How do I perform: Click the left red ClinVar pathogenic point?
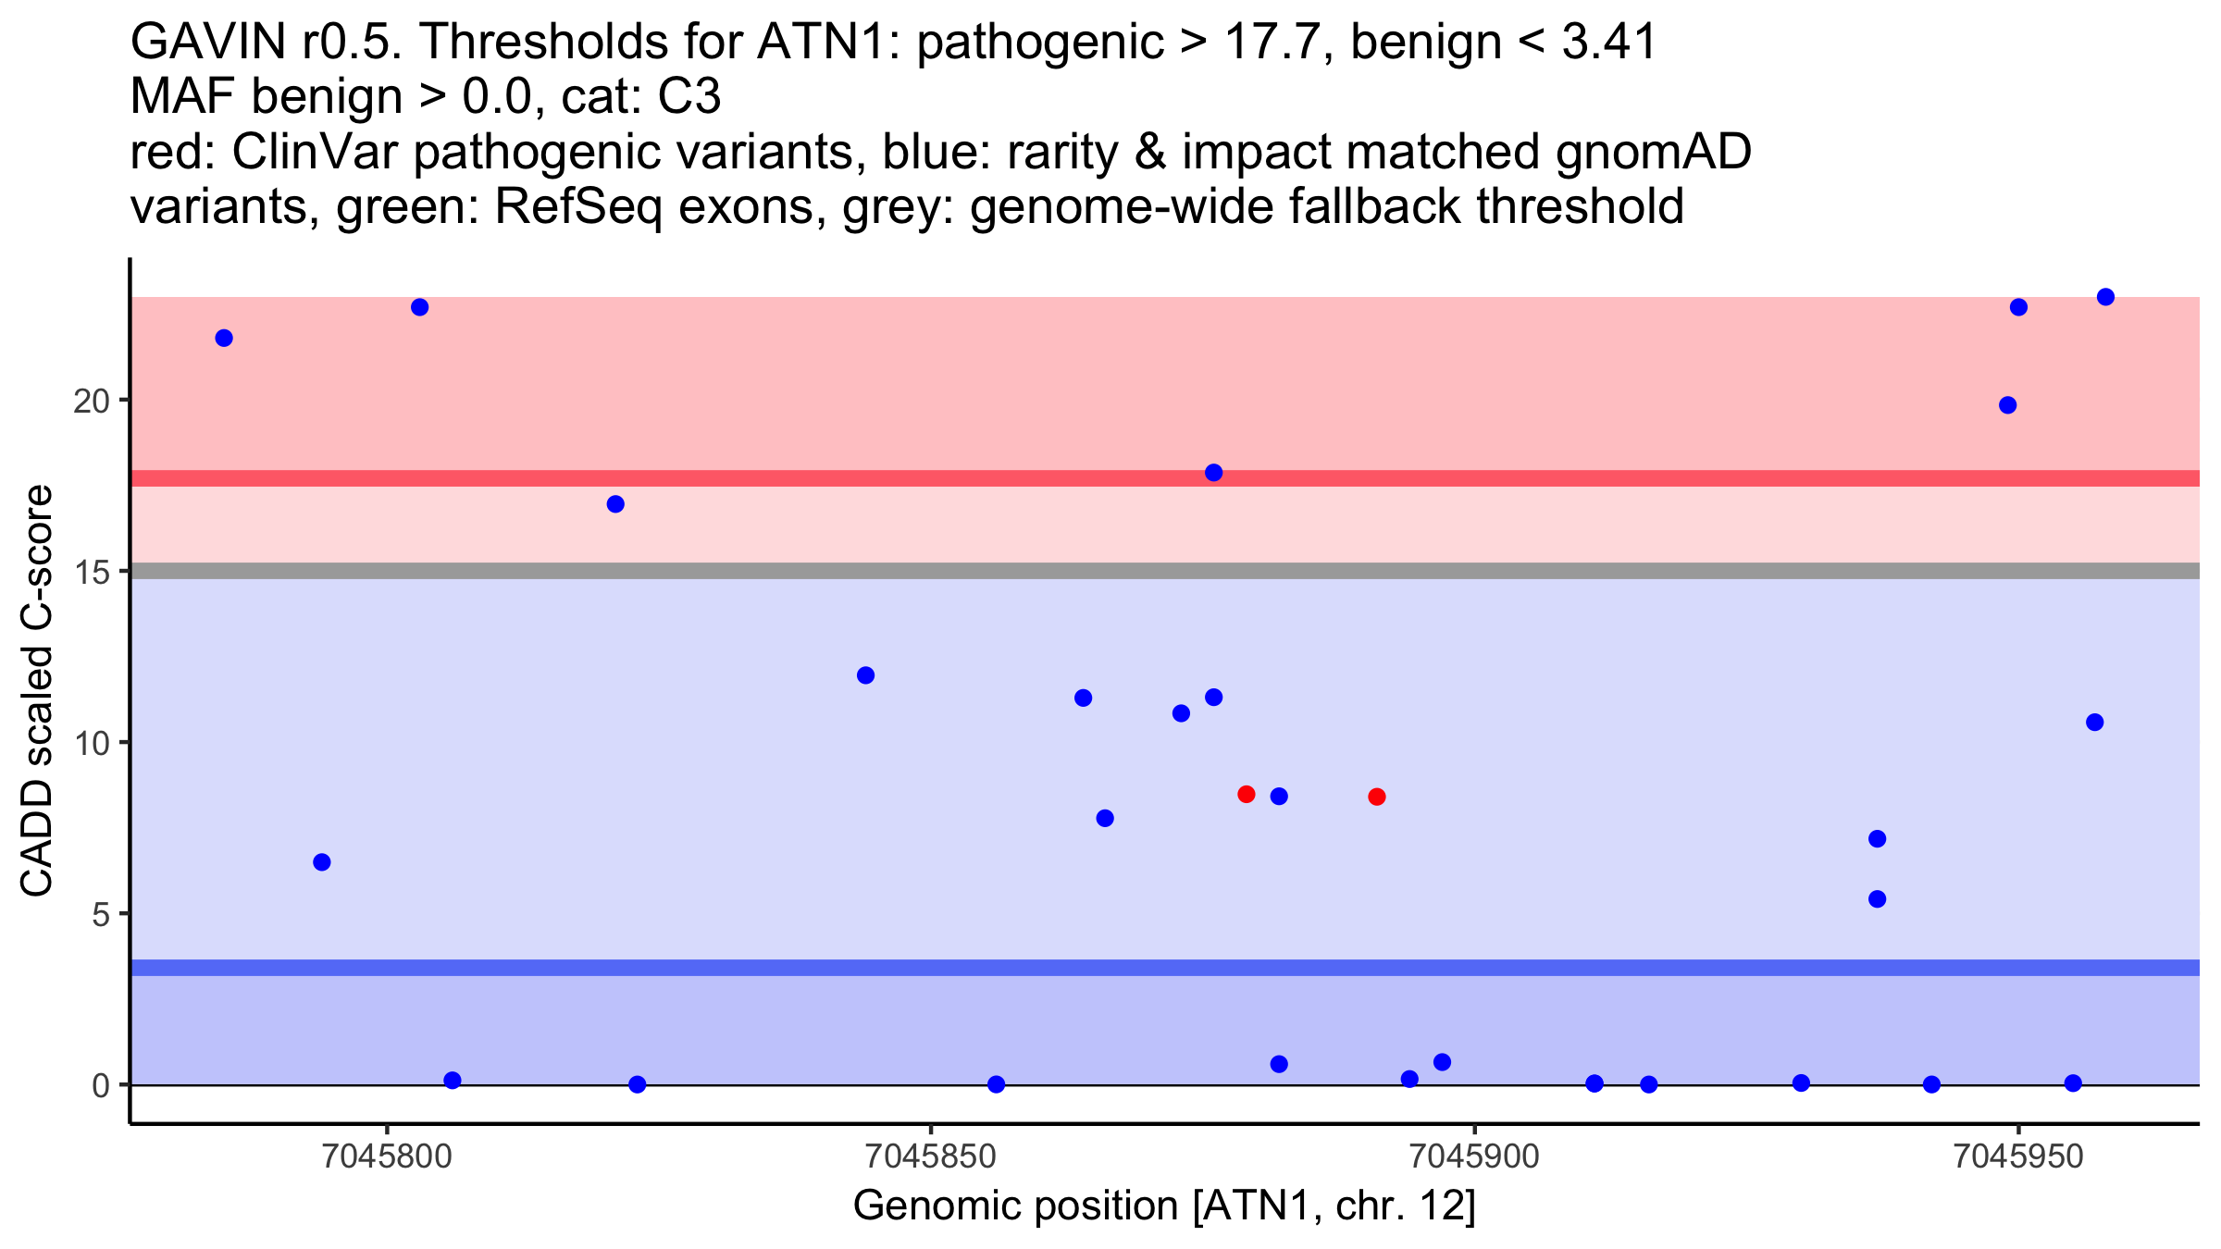click(x=1246, y=794)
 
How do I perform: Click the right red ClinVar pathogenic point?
click(x=1376, y=797)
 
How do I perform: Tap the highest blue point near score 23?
click(x=2105, y=297)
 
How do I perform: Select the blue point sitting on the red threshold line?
click(x=1213, y=473)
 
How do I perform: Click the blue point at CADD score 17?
click(x=615, y=504)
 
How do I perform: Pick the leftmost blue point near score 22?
click(x=224, y=338)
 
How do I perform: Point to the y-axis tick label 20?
click(x=91, y=401)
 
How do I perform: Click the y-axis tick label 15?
click(x=91, y=572)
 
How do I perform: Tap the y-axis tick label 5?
click(x=100, y=914)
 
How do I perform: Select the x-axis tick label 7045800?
click(x=387, y=1156)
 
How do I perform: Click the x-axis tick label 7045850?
click(x=930, y=1156)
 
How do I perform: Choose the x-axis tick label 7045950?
click(x=2017, y=1156)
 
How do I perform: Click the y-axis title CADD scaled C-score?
click(x=37, y=692)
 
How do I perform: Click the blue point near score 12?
click(x=865, y=675)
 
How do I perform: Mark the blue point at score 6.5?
click(x=321, y=862)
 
